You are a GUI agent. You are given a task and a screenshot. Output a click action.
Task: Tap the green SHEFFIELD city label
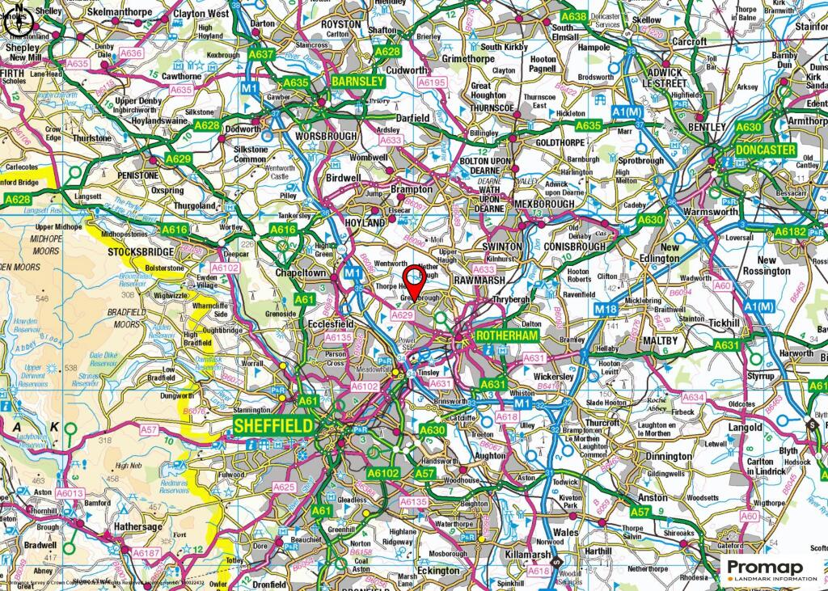click(x=273, y=424)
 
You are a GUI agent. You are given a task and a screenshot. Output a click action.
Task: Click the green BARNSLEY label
click(x=357, y=82)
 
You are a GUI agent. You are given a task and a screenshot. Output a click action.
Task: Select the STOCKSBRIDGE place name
click(x=142, y=251)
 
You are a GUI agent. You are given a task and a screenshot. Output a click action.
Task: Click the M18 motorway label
click(x=606, y=309)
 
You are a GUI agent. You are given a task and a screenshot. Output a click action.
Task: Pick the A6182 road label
click(x=790, y=232)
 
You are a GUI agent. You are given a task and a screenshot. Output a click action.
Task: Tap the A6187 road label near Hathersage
click(x=146, y=553)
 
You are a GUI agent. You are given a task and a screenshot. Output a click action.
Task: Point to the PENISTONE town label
click(x=137, y=175)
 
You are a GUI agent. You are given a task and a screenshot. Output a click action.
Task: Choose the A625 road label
click(x=284, y=487)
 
